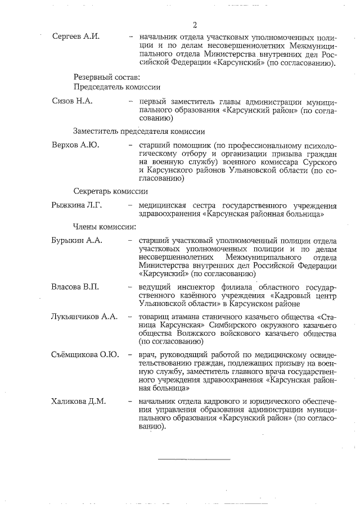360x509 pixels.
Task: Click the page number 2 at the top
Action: click(195, 25)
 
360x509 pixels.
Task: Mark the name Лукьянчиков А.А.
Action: click(84, 317)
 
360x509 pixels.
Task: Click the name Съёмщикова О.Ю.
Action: click(85, 355)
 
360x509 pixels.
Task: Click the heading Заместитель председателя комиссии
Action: click(139, 130)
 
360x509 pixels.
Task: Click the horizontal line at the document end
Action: click(194, 460)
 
